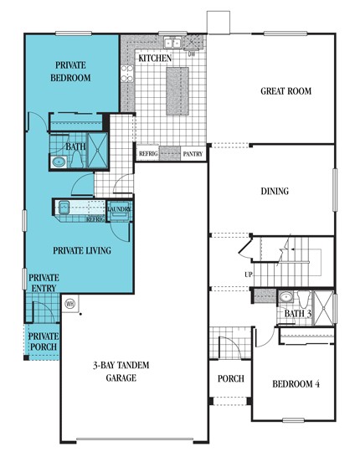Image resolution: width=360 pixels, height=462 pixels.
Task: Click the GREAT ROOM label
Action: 286,93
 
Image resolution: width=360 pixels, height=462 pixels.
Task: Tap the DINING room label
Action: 275,192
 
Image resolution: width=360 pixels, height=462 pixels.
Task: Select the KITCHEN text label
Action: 155,59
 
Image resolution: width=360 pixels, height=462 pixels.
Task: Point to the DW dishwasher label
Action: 192,55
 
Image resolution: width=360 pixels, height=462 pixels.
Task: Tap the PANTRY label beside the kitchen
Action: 193,154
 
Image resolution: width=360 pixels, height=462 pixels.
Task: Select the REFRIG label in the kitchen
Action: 148,154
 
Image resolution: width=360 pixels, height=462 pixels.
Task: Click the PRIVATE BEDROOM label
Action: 73,72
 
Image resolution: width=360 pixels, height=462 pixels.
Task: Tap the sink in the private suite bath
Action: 59,162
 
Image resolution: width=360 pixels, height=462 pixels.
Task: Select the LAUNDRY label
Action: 118,209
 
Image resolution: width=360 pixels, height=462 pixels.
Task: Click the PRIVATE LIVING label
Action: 82,249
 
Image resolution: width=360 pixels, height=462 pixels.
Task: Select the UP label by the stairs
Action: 249,275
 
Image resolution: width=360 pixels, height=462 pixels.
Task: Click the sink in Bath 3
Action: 286,296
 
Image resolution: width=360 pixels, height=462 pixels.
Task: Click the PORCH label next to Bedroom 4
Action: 230,378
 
